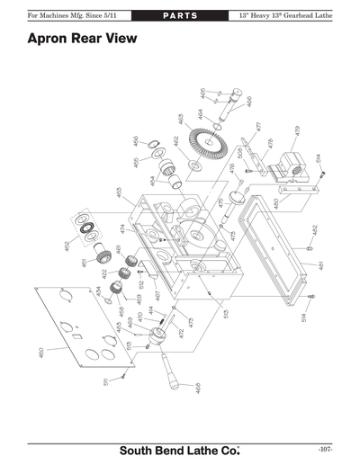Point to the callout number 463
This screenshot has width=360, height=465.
[181, 118]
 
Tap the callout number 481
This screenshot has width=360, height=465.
[321, 266]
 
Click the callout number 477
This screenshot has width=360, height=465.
[257, 128]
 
